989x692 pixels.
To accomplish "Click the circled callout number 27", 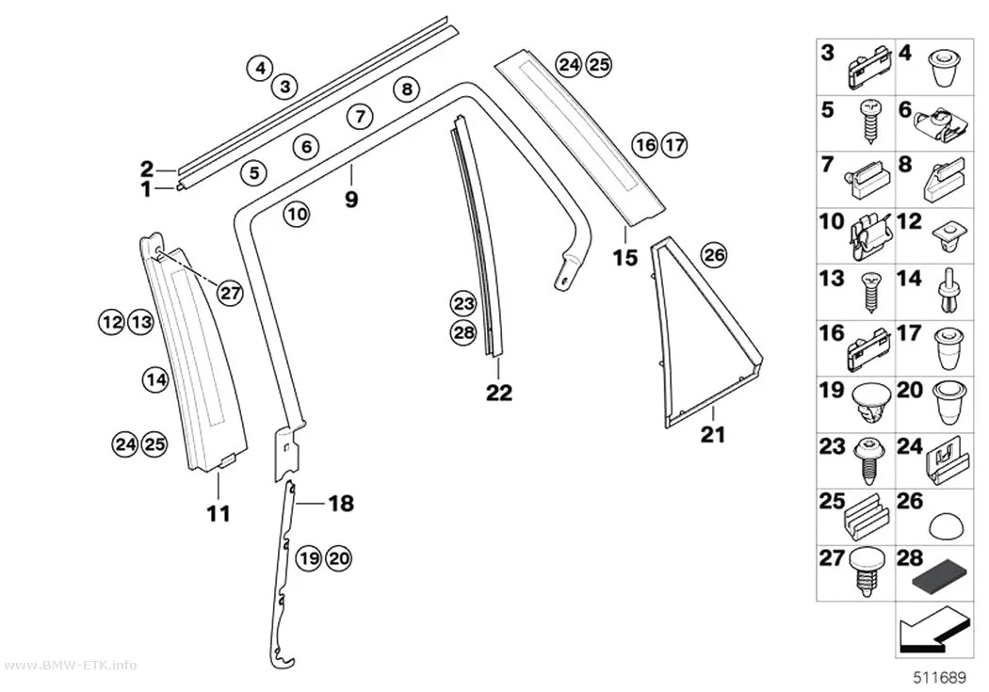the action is pos(230,293).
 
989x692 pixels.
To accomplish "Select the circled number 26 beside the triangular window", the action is pos(714,254).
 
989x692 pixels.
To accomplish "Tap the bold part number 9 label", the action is pos(351,200).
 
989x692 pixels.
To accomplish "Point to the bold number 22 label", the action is pos(499,393).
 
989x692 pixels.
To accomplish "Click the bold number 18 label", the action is pos(341,503).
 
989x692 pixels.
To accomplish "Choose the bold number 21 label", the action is pos(713,434).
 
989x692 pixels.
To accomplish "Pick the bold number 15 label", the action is pos(625,257).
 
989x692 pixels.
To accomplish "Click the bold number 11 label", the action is pos(219,514).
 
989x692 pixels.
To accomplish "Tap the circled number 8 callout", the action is pos(407,89).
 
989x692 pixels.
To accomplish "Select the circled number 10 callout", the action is pos(297,215).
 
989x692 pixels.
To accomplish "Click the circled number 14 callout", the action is pos(155,379).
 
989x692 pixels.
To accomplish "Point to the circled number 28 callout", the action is pos(463,331).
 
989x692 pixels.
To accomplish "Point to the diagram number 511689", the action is pos(940,678).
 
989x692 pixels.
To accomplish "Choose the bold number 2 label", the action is pos(147,169).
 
